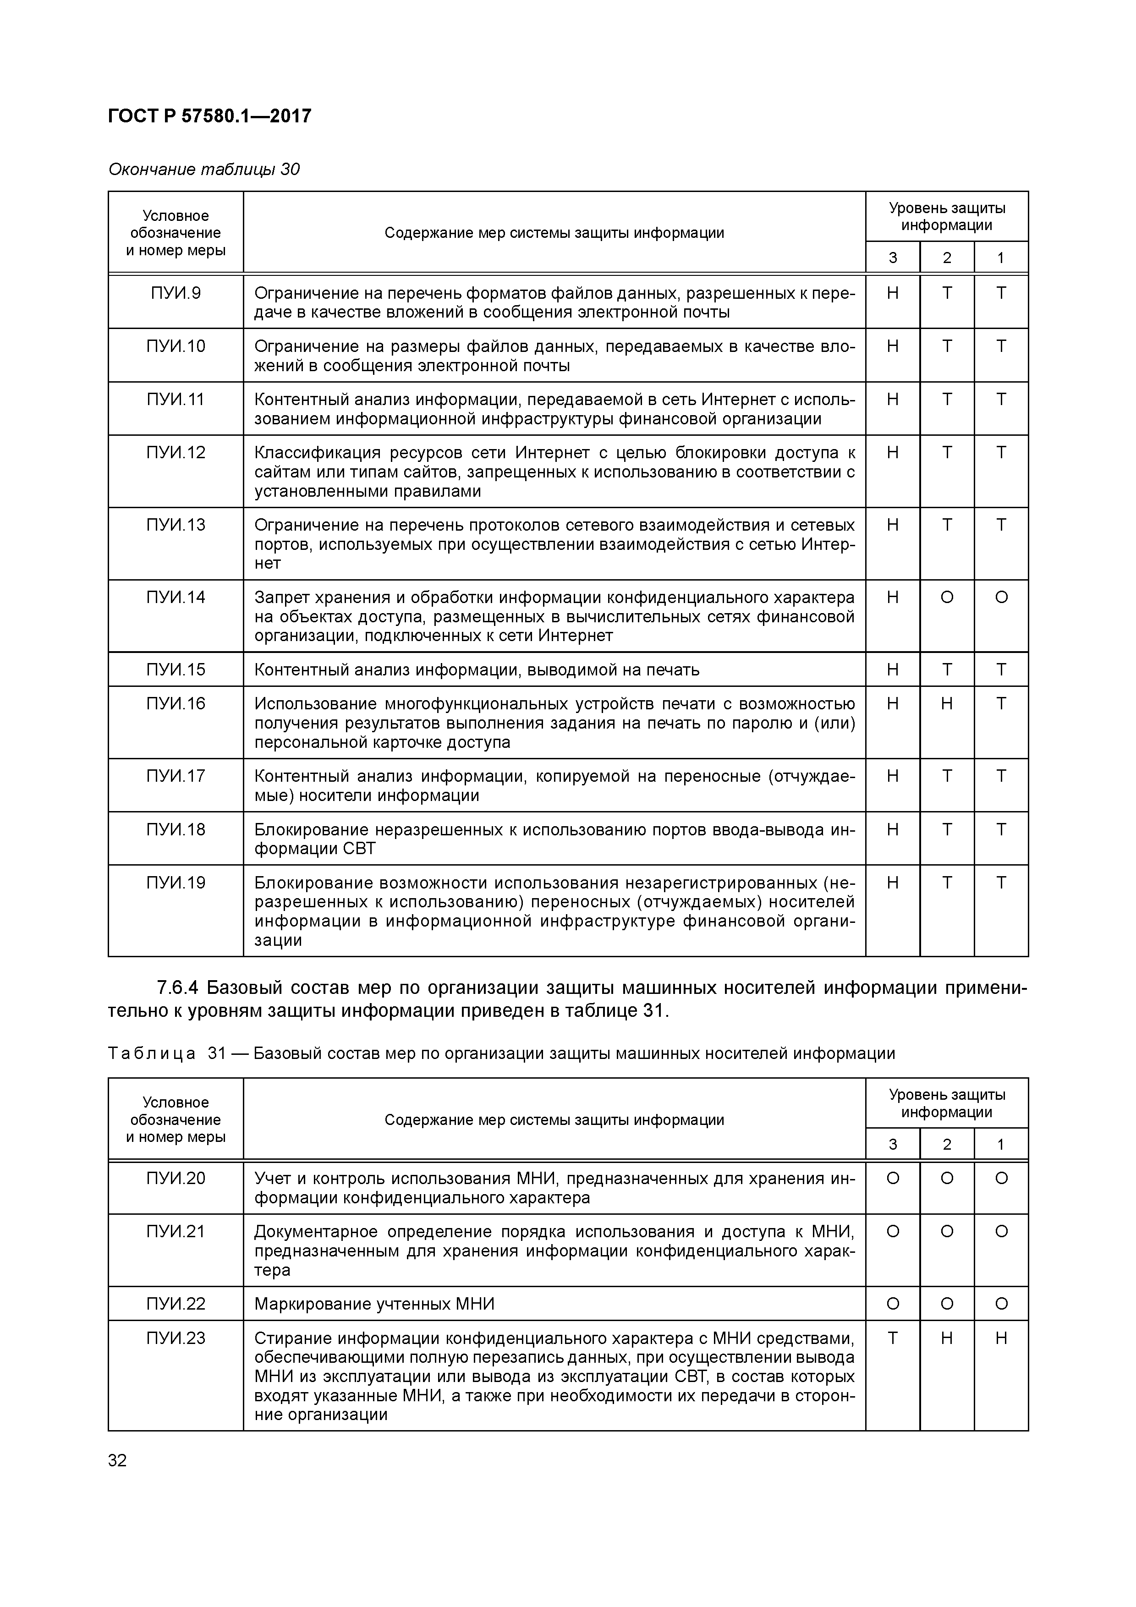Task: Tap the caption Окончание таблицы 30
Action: [203, 170]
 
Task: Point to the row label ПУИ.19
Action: [175, 883]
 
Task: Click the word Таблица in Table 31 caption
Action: [152, 1053]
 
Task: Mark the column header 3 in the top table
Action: [892, 258]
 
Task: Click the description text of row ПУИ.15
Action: [476, 670]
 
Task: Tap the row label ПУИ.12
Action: [175, 453]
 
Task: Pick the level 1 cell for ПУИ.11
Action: [1001, 400]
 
